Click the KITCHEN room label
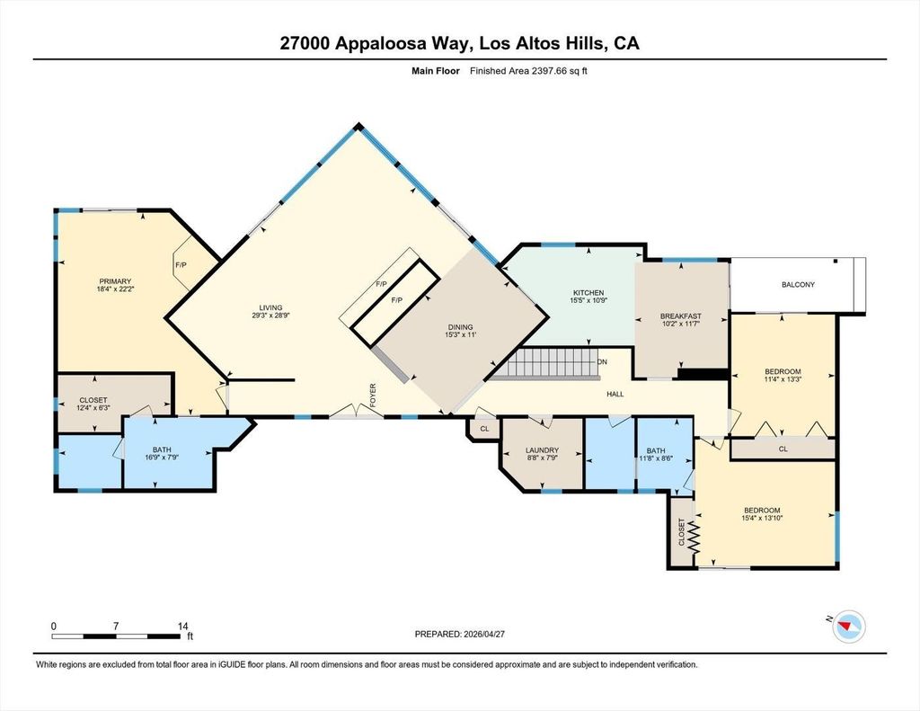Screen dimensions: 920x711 588,292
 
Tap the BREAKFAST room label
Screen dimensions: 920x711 681,316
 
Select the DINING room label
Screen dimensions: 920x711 460,327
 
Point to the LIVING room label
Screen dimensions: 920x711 271,307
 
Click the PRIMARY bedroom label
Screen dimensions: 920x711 115,281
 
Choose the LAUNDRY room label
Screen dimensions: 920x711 542,450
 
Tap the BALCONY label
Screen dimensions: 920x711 798,284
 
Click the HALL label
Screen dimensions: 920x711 615,394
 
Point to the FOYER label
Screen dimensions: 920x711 373,395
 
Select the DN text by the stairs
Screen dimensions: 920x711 603,361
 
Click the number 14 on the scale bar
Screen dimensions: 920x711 183,626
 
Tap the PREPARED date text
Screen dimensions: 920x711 460,634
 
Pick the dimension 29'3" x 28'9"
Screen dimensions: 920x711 271,315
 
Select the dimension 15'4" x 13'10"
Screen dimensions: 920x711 762,518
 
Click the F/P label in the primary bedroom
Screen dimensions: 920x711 181,265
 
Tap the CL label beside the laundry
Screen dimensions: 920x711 484,429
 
